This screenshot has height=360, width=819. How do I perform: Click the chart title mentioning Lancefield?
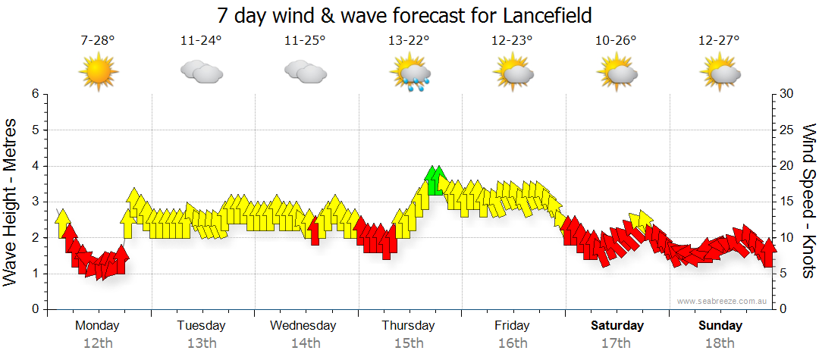[404, 15]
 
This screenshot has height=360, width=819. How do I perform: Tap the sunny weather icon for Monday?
[99, 72]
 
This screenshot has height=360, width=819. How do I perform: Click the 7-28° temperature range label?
[98, 41]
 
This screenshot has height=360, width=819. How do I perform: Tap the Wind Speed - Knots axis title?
[808, 202]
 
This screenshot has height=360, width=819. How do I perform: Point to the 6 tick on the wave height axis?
[34, 94]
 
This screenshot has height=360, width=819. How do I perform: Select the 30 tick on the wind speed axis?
[787, 94]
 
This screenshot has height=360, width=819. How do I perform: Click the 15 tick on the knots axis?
[787, 202]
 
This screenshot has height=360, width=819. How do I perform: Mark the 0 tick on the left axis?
[34, 310]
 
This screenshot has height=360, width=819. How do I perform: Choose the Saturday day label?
[617, 326]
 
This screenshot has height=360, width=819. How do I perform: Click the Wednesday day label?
[303, 326]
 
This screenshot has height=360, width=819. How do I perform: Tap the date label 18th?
[720, 343]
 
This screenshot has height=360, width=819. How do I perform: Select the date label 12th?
[99, 343]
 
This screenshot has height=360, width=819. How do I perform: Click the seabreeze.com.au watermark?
[723, 301]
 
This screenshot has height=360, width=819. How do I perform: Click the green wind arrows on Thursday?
[435, 180]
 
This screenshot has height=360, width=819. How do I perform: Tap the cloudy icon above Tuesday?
[202, 73]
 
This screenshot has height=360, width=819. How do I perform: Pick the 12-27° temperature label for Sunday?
[719, 41]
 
